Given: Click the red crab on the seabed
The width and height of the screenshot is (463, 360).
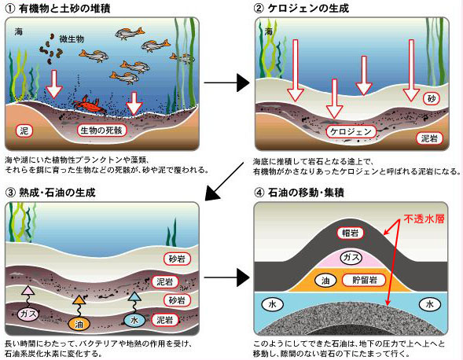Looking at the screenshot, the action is click(90, 105).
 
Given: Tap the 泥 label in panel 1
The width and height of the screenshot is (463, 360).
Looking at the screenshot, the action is click(24, 130).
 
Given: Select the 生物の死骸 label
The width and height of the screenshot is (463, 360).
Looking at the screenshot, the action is click(101, 130).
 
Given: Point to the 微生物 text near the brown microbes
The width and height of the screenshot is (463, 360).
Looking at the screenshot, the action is click(72, 39).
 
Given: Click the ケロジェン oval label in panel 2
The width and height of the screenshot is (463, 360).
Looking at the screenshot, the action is click(351, 132).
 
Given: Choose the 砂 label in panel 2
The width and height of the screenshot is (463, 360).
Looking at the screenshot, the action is click(432, 98).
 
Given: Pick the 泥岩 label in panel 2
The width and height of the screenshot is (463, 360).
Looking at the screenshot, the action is click(429, 138).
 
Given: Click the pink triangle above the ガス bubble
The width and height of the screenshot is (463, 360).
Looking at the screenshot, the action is click(28, 291).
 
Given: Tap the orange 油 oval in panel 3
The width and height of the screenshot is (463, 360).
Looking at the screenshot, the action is click(79, 324).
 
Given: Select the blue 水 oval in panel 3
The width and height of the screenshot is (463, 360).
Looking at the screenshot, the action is click(134, 320).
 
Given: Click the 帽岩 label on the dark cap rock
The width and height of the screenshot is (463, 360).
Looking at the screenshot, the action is click(351, 233).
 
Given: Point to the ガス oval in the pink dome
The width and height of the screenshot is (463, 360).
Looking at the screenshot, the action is click(351, 257).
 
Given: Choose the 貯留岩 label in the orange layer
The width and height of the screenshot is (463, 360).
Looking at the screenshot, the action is click(364, 280).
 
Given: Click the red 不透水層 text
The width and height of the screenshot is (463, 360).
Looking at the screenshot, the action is click(424, 219).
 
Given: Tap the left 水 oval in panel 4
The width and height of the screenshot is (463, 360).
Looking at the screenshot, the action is click(272, 304).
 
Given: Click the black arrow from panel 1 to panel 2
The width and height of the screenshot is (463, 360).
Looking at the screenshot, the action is click(226, 83).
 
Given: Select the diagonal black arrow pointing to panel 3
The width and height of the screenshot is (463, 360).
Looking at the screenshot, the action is click(225, 181).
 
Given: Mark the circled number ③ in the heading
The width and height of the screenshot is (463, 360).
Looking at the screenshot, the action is click(10, 193).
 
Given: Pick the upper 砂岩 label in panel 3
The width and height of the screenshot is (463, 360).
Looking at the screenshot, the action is click(177, 259).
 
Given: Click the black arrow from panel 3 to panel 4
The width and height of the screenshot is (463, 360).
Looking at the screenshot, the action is click(226, 277).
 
